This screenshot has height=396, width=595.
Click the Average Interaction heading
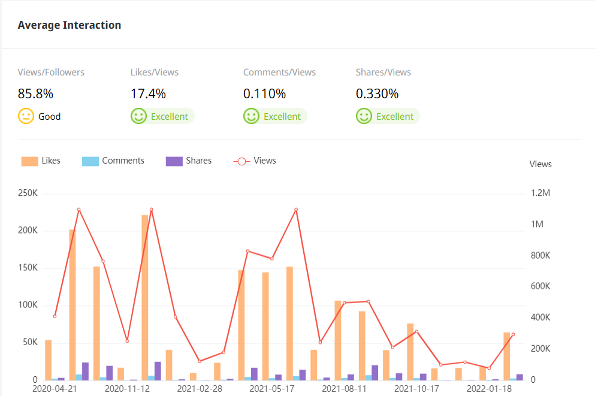[x=70, y=25]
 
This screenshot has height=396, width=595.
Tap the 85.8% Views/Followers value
[x=35, y=94]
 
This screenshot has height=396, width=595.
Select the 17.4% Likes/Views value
[x=148, y=94]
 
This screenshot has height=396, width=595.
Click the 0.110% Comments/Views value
[x=264, y=94]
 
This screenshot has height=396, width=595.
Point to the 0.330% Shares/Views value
[x=377, y=94]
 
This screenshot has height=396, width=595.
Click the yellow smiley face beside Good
[x=26, y=116]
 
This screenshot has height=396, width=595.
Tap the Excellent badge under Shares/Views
[x=388, y=116]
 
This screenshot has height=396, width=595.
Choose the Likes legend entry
[x=41, y=161]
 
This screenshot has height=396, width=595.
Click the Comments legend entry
[x=113, y=161]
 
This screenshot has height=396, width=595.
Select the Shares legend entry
[x=189, y=161]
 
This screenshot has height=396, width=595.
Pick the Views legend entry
[x=255, y=161]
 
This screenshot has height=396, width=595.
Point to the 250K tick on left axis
[x=28, y=194]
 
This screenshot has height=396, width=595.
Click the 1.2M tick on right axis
[x=540, y=194]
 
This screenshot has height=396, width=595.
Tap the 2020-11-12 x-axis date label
[x=126, y=389]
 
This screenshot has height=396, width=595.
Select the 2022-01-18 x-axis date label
[x=488, y=389]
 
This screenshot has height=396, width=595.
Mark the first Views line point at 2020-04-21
[x=55, y=316]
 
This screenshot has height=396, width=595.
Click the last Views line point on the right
[x=513, y=334]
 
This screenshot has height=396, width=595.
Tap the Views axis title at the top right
[x=540, y=164]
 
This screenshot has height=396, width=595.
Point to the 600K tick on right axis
[x=540, y=286]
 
